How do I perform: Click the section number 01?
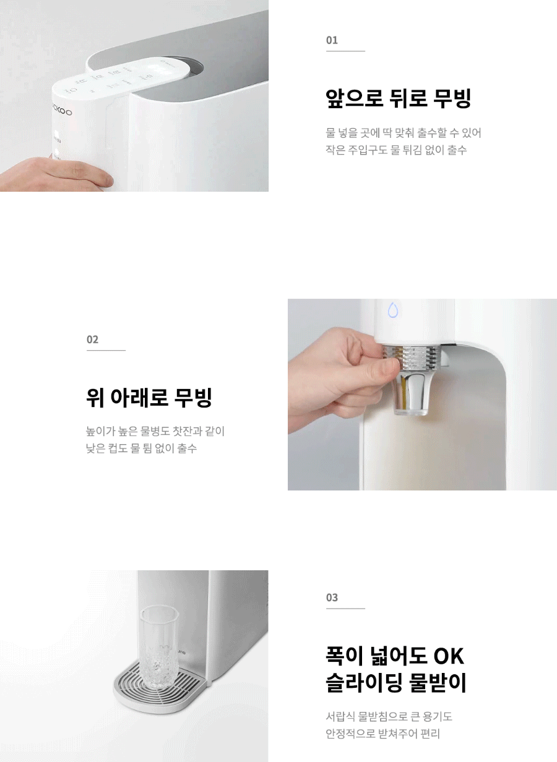click(332, 40)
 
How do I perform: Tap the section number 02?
click(92, 339)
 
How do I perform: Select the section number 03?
click(332, 597)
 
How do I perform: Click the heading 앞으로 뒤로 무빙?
click(398, 98)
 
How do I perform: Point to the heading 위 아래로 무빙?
click(149, 397)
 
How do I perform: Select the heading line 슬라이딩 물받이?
click(395, 682)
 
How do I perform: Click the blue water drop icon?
click(393, 310)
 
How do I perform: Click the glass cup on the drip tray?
click(158, 648)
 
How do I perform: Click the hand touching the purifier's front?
click(54, 174)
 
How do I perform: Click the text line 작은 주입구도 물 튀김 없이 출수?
click(396, 150)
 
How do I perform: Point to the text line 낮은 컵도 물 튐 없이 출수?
click(141, 448)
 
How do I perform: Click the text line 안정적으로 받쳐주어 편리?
click(382, 734)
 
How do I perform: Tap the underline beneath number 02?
click(106, 350)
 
